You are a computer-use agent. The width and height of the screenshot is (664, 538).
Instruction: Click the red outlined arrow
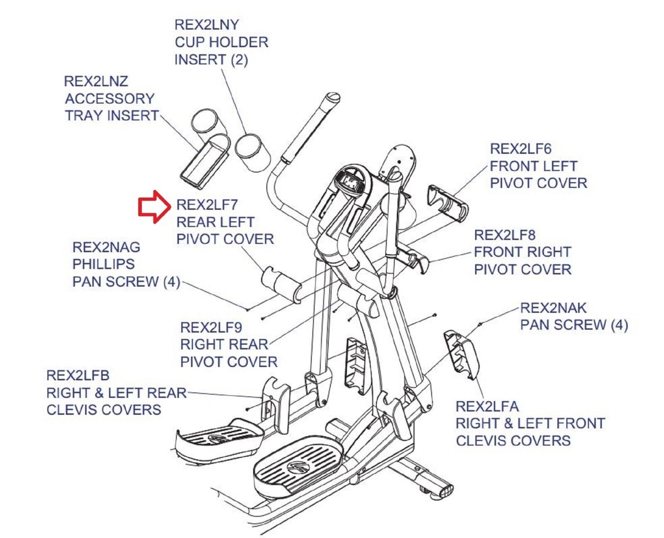click(154, 206)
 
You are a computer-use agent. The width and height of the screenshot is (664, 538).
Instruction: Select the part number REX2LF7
click(207, 204)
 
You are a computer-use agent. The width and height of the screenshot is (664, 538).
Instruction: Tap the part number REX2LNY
click(206, 25)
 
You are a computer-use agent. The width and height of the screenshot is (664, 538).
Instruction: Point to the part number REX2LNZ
click(96, 81)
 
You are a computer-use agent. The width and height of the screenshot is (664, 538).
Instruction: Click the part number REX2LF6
click(520, 149)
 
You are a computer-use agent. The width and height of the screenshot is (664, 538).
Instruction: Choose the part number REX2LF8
click(504, 235)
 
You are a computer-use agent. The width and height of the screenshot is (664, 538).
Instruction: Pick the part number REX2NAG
click(106, 247)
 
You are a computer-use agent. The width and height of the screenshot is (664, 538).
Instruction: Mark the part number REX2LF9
click(211, 328)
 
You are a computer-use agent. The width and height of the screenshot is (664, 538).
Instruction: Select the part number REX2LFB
click(78, 375)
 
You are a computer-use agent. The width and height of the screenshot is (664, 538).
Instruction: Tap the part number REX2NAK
click(553, 308)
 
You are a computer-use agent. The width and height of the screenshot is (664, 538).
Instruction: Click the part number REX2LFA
click(487, 407)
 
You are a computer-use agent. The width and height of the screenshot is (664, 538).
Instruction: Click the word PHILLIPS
click(103, 264)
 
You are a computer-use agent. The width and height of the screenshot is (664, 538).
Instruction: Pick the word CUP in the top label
click(188, 42)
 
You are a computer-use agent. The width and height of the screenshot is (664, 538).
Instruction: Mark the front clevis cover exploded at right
click(461, 354)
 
